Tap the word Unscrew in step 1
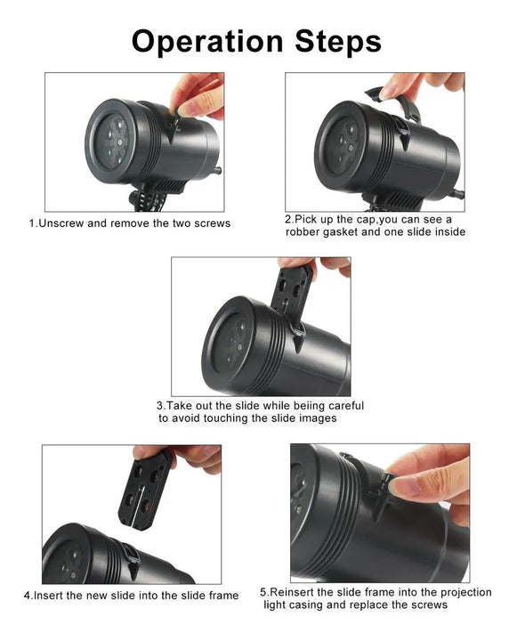click(63, 223)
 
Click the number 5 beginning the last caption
click(263, 592)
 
